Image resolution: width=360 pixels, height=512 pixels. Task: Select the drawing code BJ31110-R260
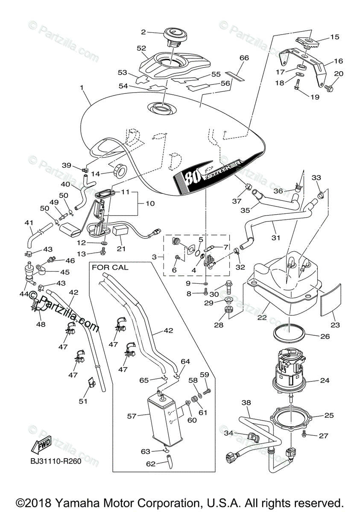click(55, 461)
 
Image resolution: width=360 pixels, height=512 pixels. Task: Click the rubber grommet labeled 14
click(120, 171)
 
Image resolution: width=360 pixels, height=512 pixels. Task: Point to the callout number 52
click(141, 48)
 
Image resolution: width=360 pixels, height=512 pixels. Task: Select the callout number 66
click(244, 58)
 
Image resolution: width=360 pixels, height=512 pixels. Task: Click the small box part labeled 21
click(121, 231)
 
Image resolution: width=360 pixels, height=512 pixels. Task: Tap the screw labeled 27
click(304, 434)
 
